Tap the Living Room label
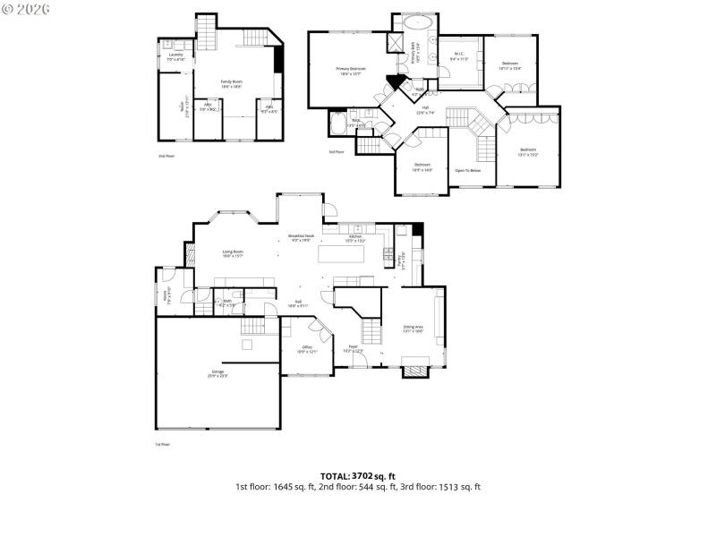click(233, 253)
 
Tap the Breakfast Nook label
click(301, 238)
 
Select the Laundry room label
click(176, 57)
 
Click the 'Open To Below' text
click(467, 170)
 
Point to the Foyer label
click(354, 348)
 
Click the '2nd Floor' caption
click(166, 156)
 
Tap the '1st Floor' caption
click(162, 444)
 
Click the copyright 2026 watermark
click(26, 8)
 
